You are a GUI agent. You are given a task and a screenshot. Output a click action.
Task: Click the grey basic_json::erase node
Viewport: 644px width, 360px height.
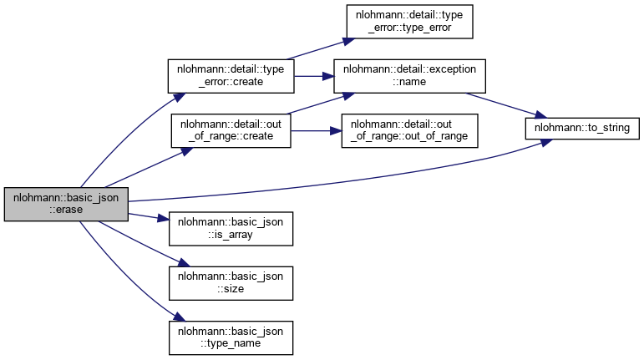(65, 204)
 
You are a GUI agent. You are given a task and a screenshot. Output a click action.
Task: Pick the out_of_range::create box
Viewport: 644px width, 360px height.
(231, 129)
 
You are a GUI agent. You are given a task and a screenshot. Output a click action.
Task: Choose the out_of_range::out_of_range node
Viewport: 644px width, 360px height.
(409, 129)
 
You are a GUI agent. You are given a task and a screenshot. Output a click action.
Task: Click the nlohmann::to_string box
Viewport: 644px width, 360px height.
(581, 128)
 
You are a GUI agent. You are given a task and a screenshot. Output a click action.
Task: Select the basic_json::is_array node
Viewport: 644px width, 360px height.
(231, 227)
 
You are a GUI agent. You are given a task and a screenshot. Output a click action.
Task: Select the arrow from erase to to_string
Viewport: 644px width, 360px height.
(334, 182)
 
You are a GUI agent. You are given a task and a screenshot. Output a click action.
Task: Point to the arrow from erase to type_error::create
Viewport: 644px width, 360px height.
(117, 134)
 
